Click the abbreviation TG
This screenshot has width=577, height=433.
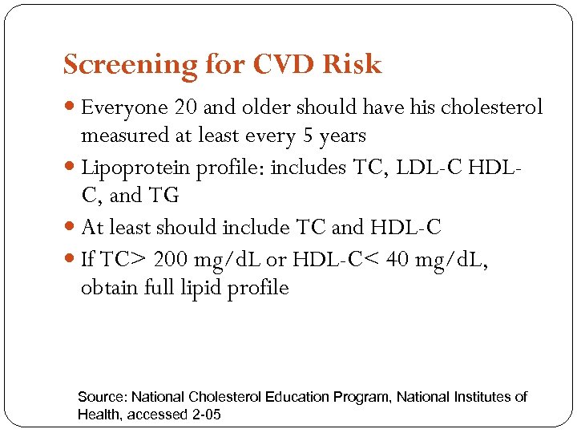pos(166,196)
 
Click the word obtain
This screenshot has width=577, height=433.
pos(107,288)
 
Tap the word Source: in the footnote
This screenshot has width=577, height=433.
pos(102,397)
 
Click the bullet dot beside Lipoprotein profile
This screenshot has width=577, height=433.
pos(72,168)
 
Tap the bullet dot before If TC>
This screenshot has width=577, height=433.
pos(72,260)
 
